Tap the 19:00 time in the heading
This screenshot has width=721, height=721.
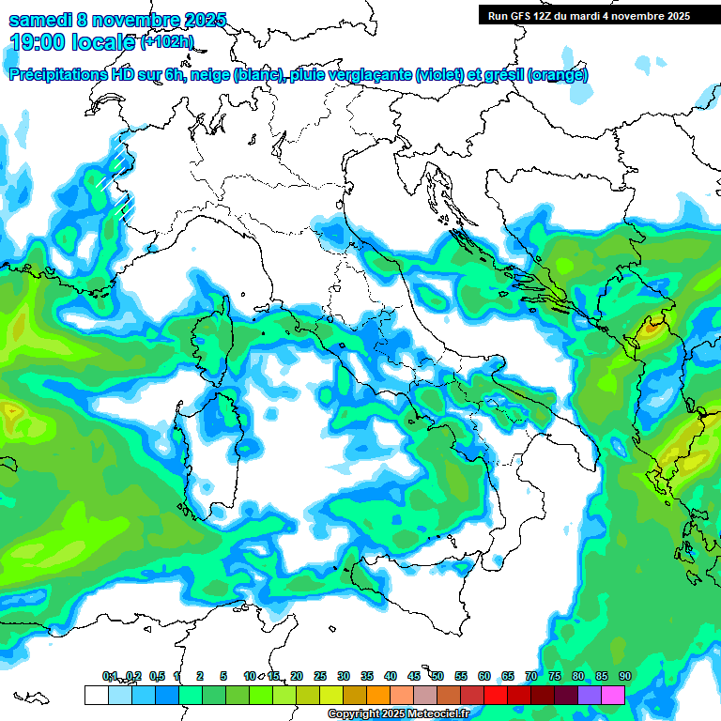[x=36, y=41]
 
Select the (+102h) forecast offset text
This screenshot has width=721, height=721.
[x=167, y=41]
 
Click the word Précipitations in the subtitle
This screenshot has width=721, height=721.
[x=57, y=74]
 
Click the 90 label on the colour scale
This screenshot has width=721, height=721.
[x=624, y=677]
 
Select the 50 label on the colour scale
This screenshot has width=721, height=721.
[x=437, y=677]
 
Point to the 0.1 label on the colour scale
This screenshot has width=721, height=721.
[x=110, y=677]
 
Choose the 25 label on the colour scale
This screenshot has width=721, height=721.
[x=320, y=677]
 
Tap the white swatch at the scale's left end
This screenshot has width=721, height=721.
[x=96, y=695]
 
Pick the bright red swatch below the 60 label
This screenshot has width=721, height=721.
[x=496, y=695]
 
